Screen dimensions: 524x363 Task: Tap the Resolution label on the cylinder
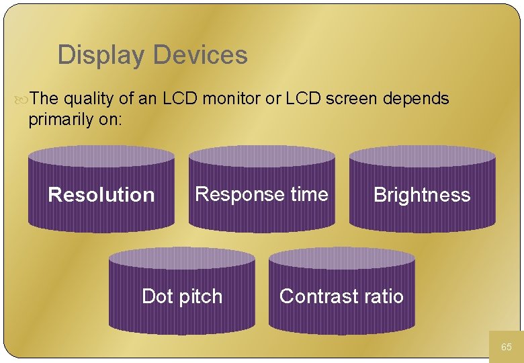coord(101,195)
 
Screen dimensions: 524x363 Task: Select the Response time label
coord(261,194)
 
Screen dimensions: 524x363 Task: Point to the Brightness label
coord(422,195)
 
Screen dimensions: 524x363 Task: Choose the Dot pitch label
coord(182,296)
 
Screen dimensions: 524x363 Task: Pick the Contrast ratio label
coord(341,296)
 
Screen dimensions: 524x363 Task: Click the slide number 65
coord(507,347)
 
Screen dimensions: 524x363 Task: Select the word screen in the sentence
coord(352,99)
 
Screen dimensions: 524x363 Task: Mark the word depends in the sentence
coord(416,99)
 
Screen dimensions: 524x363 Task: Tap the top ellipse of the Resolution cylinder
coord(101,156)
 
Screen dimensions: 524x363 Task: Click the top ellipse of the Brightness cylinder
coord(422,156)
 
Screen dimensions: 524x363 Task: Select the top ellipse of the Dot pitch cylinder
coord(182,257)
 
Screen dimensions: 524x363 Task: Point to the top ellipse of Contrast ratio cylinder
coord(341,257)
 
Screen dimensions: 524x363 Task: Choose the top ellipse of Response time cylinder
coord(261,156)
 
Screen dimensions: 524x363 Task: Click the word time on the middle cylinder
coord(309,194)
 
